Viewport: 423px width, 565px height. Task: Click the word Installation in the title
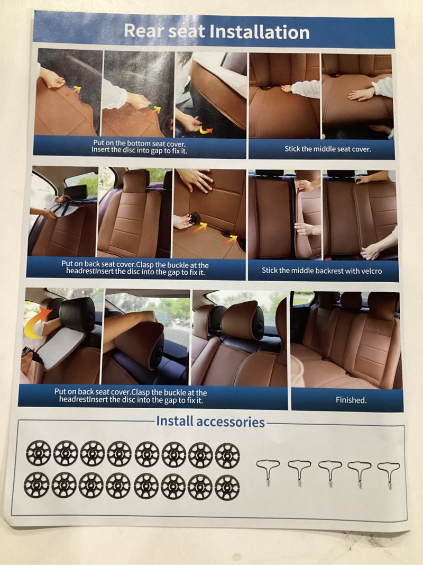pos(259,32)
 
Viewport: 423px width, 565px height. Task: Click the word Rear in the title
pos(143,31)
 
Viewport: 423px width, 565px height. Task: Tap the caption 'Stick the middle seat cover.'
pos(327,149)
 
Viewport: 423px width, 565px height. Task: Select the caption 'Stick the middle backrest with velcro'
pos(321,271)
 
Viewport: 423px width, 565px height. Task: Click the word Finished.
pos(351,400)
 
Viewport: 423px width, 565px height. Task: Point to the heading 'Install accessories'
pos(210,422)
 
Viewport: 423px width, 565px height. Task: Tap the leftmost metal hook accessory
pos(268,472)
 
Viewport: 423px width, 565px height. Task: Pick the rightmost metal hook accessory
pos(388,473)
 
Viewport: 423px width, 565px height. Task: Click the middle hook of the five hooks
pos(329,472)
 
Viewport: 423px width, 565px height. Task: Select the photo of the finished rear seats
pos(345,339)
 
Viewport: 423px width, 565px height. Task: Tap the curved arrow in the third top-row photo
pos(205,128)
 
